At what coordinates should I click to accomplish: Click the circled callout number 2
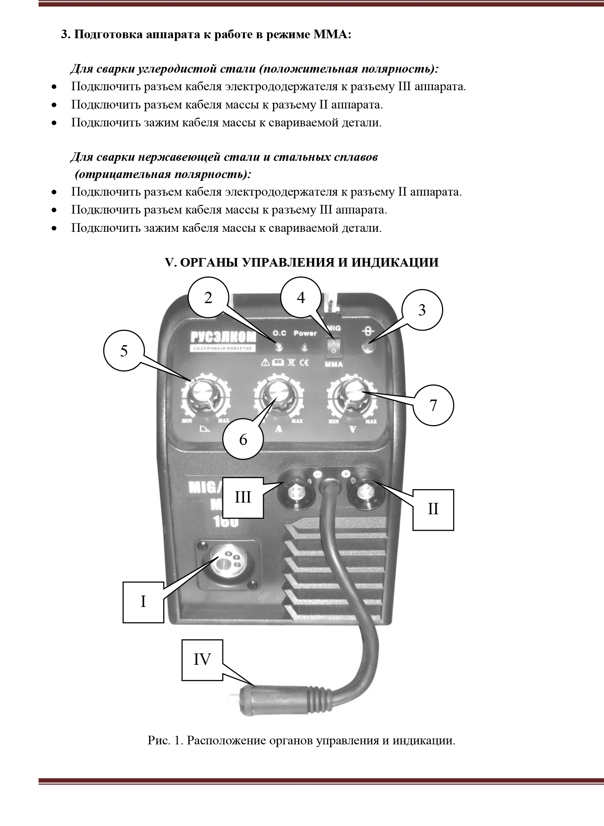(208, 298)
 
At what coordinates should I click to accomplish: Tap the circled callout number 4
(301, 298)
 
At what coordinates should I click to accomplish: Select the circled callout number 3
(422, 310)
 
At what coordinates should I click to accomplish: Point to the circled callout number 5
(124, 351)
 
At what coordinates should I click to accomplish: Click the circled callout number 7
(433, 405)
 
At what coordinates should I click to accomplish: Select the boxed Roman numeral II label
(433, 509)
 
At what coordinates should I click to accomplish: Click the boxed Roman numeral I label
(143, 601)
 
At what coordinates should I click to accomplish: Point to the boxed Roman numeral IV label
(202, 660)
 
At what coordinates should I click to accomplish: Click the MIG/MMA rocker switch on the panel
(333, 345)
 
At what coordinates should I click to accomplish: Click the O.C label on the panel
(280, 333)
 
